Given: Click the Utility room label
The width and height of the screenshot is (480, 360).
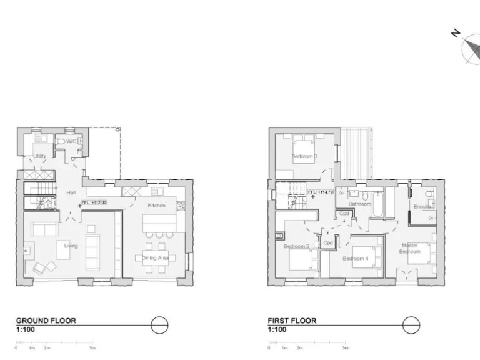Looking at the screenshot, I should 39,156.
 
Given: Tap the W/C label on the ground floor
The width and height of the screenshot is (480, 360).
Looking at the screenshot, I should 71,141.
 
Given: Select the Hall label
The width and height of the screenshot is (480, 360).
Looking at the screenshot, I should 71,192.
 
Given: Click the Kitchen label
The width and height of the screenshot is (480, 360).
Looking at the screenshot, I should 156,206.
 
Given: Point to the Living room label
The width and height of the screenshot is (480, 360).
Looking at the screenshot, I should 71,246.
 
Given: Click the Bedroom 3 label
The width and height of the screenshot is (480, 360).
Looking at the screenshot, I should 304,156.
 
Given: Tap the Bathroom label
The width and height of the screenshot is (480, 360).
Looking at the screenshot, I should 360,204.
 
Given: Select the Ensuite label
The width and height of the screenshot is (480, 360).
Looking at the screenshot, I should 422,207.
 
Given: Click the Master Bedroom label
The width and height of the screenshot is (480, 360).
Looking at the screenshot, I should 410,248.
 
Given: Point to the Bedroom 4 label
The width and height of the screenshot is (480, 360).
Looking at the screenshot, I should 356,258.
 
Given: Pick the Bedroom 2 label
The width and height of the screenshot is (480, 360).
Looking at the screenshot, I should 297,246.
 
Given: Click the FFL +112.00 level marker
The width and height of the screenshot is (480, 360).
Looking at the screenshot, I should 94,202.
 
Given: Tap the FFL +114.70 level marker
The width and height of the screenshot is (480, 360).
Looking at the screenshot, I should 321,192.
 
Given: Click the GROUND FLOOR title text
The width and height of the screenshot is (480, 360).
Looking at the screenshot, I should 46,321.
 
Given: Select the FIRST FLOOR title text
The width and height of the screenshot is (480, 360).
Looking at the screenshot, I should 292,321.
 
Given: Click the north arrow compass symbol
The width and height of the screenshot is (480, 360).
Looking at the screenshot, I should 472,51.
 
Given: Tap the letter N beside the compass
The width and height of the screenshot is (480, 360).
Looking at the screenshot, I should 456,33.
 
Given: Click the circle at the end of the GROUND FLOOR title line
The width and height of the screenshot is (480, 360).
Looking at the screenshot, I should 160,326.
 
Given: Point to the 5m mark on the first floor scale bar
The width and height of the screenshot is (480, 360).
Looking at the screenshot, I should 346,347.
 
